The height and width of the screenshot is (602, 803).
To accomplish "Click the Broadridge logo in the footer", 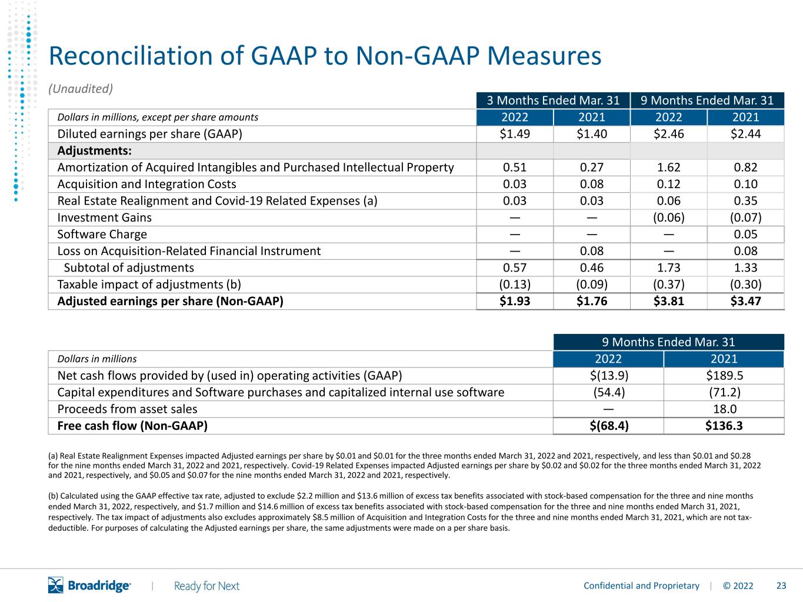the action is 89,585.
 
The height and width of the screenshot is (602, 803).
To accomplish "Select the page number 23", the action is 781,586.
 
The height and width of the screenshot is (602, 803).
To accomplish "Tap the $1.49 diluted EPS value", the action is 515,134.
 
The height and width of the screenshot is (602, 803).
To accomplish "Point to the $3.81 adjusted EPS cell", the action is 668,301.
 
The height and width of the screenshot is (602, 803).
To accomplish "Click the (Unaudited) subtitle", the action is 81,89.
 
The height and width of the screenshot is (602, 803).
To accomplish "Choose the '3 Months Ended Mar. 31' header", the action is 553,100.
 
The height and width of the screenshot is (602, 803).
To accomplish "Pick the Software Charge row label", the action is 102,235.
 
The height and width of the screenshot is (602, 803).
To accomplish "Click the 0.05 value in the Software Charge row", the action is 745,235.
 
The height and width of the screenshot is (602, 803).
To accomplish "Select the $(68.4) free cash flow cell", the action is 609,426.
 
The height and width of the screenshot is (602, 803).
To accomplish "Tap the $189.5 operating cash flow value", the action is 724,376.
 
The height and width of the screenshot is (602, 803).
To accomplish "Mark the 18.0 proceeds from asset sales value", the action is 725,409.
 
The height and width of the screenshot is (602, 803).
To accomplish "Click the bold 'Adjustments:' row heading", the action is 94,150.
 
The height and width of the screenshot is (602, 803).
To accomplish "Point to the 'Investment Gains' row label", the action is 104,218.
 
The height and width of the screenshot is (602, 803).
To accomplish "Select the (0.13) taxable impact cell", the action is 515,285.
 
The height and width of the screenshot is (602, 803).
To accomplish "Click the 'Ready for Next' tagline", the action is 206,586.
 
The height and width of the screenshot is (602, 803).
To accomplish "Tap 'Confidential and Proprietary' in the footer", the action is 641,586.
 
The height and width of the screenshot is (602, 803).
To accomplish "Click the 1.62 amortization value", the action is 668,168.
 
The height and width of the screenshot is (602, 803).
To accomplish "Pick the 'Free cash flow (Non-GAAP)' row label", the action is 132,426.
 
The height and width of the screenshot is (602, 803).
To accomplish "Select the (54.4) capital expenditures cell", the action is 609,393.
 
